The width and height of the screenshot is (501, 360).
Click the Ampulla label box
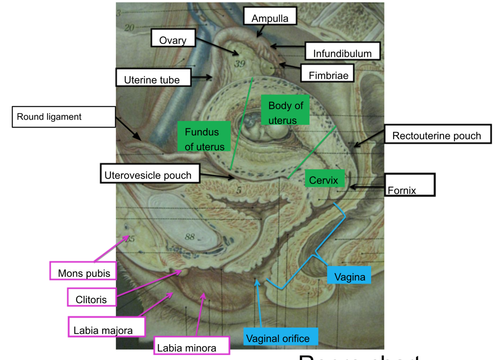click(270, 16)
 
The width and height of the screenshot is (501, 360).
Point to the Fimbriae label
click(327, 73)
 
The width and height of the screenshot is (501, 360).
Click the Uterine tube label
click(153, 78)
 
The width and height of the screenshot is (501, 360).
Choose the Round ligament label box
click(63, 117)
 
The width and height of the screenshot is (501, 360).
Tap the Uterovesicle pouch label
click(149, 173)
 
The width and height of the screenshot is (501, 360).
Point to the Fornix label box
click(409, 185)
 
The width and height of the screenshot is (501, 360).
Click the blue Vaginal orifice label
click(281, 336)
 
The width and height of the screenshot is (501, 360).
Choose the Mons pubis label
click(83, 271)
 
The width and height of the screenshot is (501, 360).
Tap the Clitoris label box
click(92, 297)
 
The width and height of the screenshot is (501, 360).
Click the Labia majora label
click(106, 327)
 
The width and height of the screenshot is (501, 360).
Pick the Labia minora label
click(191, 346)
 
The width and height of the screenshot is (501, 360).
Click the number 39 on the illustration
click(240, 64)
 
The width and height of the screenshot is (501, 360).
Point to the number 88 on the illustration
click(190, 236)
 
